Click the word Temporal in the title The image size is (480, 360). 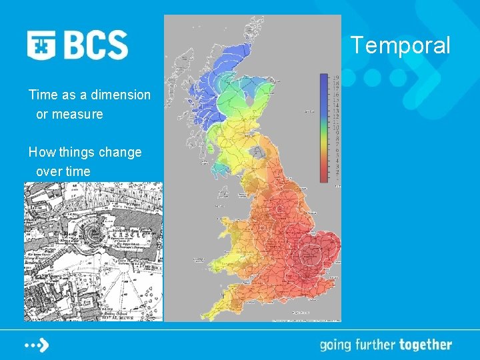401,46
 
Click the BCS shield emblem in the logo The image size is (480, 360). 41,45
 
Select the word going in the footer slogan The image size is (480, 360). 337,345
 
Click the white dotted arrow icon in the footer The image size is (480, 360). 37,345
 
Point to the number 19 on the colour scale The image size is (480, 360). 337,78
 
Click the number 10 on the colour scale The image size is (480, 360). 337,127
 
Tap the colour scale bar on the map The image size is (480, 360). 324,127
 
